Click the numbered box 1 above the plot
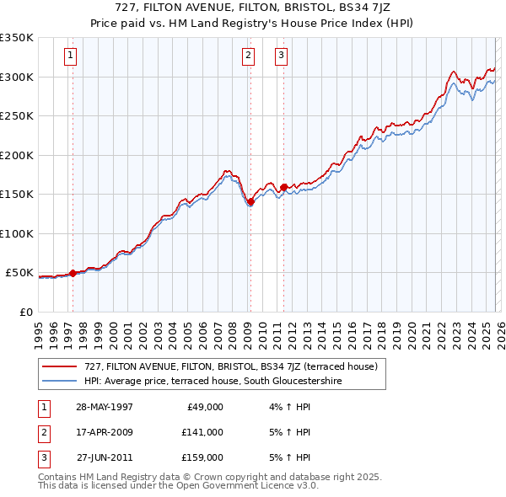pyautogui.click(x=70, y=56)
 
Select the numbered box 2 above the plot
pyautogui.click(x=249, y=56)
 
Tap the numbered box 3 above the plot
pyautogui.click(x=281, y=56)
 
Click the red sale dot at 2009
pyautogui.click(x=250, y=201)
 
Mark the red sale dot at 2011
pyautogui.click(x=283, y=187)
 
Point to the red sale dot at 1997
pyautogui.click(x=73, y=273)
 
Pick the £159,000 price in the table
pyautogui.click(x=202, y=457)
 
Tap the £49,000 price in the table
pyautogui.click(x=205, y=407)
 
